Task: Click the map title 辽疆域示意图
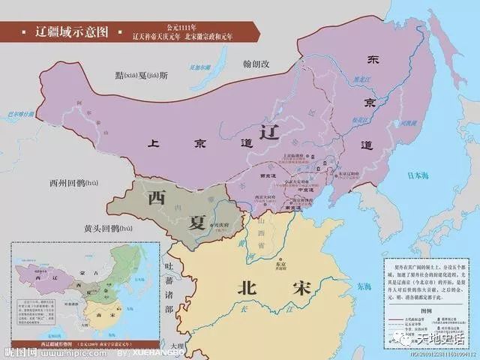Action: point(72,31)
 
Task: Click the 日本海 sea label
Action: point(419,176)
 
